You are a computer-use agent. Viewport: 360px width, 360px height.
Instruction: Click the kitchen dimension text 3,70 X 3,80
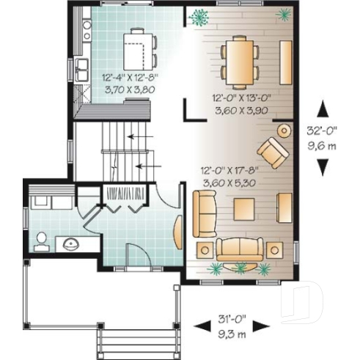coord(125,84)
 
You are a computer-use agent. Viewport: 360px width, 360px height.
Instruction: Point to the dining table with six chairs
coord(240,61)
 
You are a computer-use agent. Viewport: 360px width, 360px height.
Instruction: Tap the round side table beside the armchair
coord(283,131)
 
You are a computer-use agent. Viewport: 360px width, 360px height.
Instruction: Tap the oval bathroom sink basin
coord(71,243)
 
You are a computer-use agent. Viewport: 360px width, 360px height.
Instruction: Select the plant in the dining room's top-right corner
coord(282,13)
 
